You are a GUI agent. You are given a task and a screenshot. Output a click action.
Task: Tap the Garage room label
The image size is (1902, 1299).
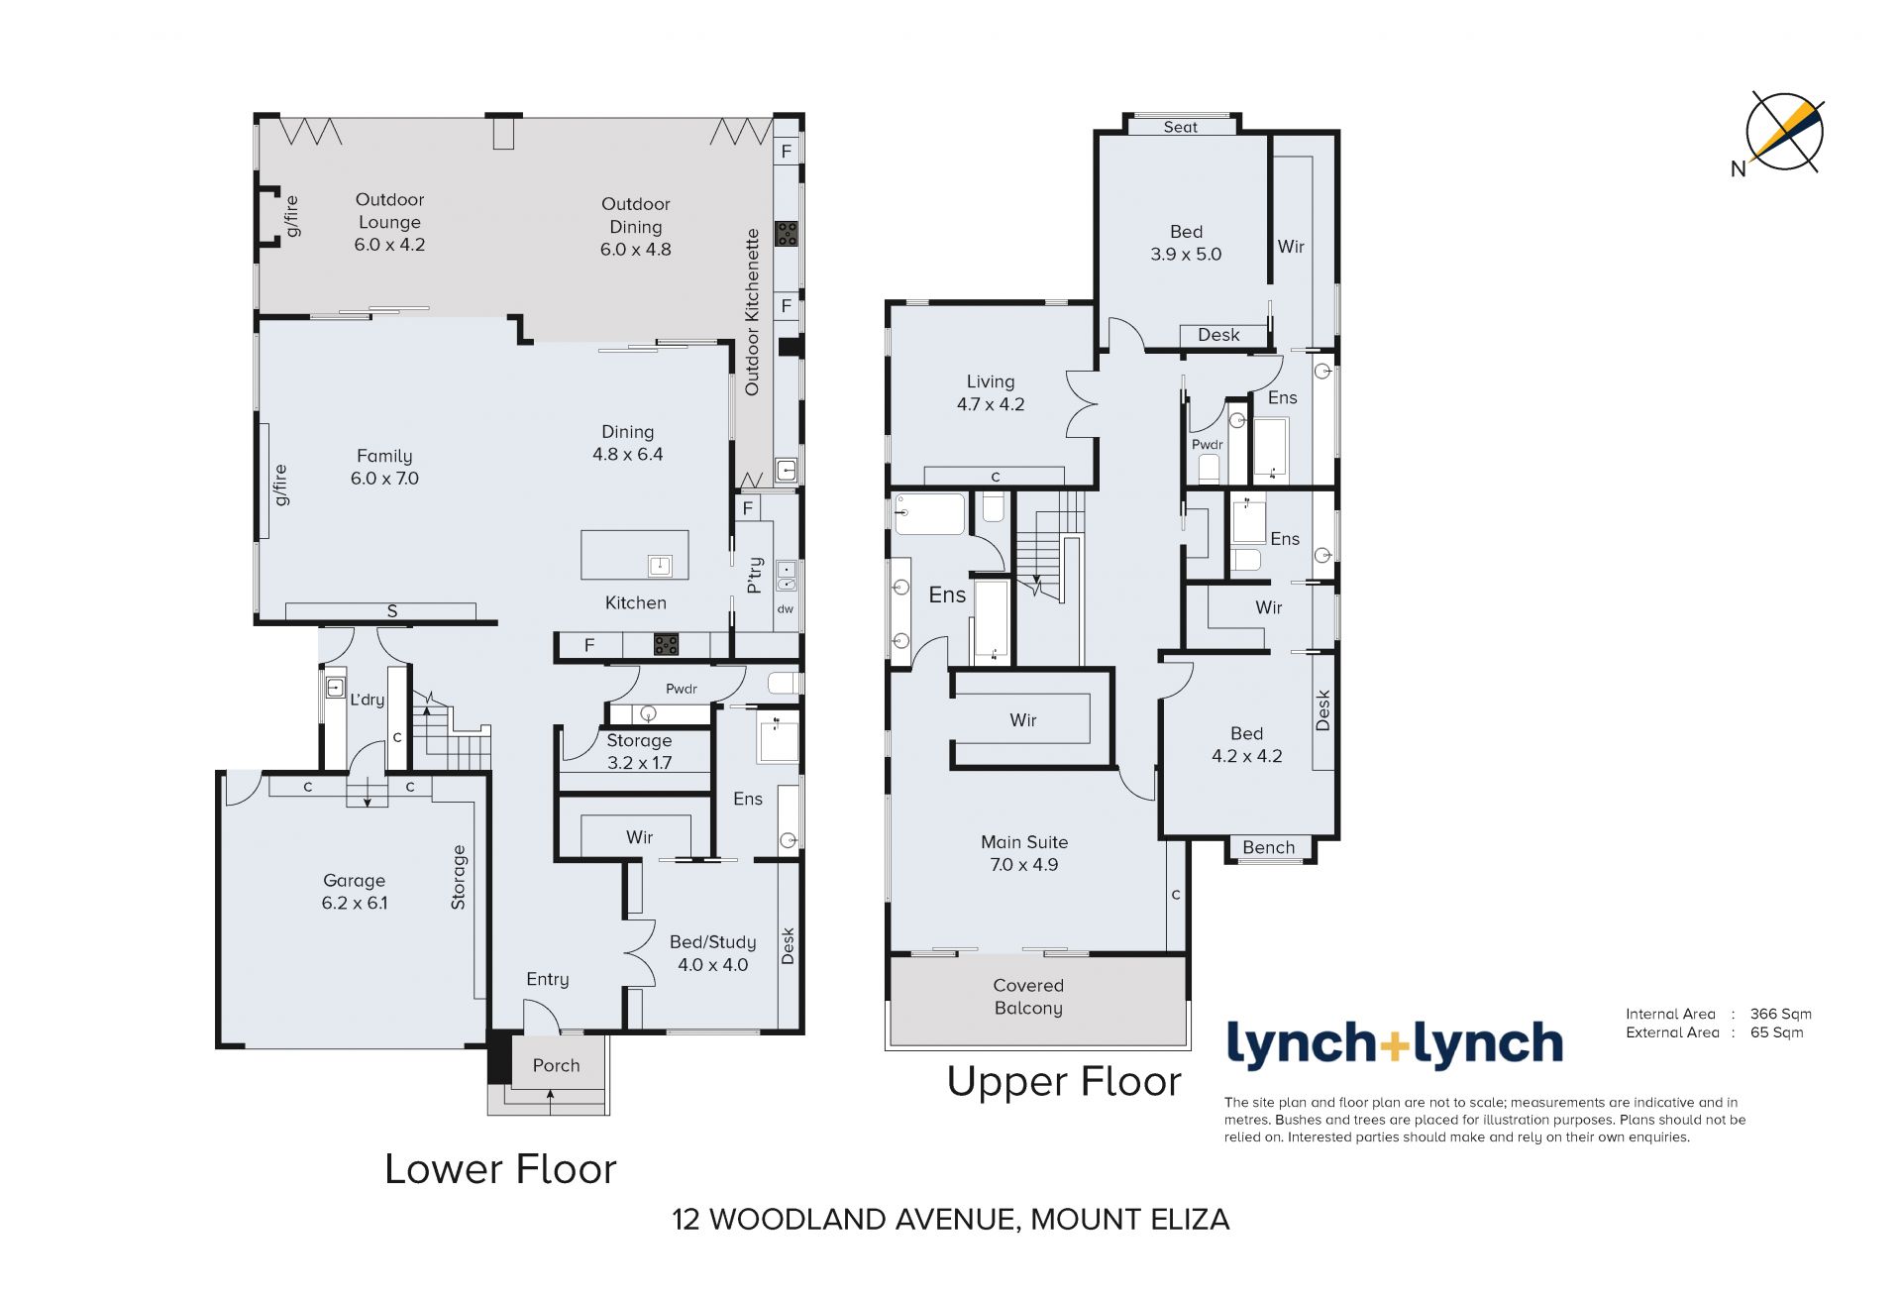[354, 880]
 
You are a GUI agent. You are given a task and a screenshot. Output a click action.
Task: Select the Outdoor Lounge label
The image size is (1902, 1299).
[389, 211]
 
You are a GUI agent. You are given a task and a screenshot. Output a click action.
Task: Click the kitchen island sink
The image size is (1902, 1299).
[660, 565]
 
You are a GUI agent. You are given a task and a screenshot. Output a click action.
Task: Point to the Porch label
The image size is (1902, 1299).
[556, 1065]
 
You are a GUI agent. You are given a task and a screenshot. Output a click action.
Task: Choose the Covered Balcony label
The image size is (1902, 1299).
[1028, 997]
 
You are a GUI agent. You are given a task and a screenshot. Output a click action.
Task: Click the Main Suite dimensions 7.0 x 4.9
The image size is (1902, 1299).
[1023, 864]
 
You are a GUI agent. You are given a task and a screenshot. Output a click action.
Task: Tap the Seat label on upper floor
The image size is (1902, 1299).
[1180, 127]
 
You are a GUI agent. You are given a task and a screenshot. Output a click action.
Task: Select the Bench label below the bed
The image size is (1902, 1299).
[1268, 847]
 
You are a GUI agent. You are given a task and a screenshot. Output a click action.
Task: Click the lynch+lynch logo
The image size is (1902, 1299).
[1395, 1044]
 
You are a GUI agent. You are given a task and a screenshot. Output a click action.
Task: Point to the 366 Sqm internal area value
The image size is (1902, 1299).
[1780, 1014]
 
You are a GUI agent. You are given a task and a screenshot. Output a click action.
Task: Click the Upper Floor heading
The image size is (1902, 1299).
[1064, 1082]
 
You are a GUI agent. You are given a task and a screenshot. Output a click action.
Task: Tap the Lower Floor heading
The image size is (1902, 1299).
[500, 1169]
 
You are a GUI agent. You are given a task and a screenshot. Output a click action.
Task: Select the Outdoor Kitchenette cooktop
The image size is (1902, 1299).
[786, 234]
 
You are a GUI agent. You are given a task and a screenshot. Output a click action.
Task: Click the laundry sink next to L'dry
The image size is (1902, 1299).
[335, 687]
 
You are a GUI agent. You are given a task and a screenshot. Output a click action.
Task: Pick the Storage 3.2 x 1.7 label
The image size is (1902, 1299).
[639, 751]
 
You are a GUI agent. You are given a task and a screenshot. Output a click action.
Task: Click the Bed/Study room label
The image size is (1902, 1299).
[712, 942]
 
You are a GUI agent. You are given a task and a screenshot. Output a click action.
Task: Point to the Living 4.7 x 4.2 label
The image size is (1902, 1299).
[991, 392]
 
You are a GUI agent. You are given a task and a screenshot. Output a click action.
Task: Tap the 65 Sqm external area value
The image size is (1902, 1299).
[1776, 1032]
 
